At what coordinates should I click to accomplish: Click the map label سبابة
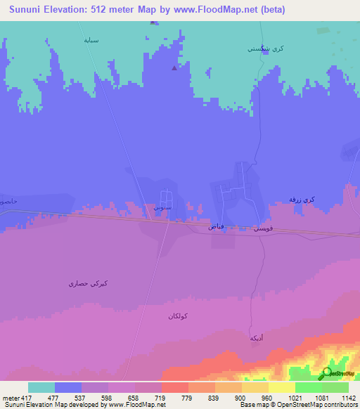[x=91, y=40]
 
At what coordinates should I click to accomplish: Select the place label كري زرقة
[x=302, y=200]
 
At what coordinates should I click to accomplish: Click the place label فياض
[x=217, y=227]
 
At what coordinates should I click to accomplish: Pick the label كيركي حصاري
[x=88, y=283]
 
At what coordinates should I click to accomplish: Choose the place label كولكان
[x=180, y=316]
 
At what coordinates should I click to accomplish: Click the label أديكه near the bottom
[x=257, y=338]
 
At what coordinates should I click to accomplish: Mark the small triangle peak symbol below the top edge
[x=174, y=68]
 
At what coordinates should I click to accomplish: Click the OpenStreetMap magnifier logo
[x=328, y=373]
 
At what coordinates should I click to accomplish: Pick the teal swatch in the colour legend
[x=41, y=387]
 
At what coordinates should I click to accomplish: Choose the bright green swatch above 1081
[x=309, y=387]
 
